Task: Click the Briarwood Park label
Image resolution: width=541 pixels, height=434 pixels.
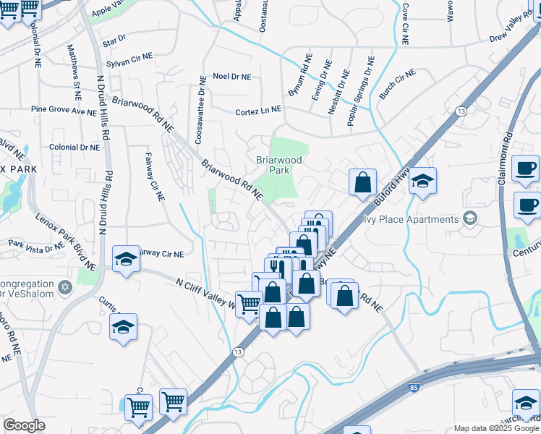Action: tap(278, 164)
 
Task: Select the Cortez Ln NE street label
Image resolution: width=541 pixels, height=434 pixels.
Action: tap(257, 112)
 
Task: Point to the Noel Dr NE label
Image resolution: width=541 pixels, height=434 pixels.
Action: tap(231, 76)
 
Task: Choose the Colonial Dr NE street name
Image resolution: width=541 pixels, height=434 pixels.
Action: tap(74, 147)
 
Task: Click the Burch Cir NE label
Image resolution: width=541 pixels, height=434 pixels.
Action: tap(397, 85)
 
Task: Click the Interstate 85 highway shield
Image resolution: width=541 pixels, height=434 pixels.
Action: tap(414, 388)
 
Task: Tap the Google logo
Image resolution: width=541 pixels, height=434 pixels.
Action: tap(24, 425)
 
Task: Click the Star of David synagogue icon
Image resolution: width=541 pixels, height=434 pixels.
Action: tap(66, 289)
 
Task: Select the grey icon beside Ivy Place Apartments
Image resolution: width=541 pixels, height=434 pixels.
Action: tap(470, 218)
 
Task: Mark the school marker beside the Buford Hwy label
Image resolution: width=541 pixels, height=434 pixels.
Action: tap(423, 182)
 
